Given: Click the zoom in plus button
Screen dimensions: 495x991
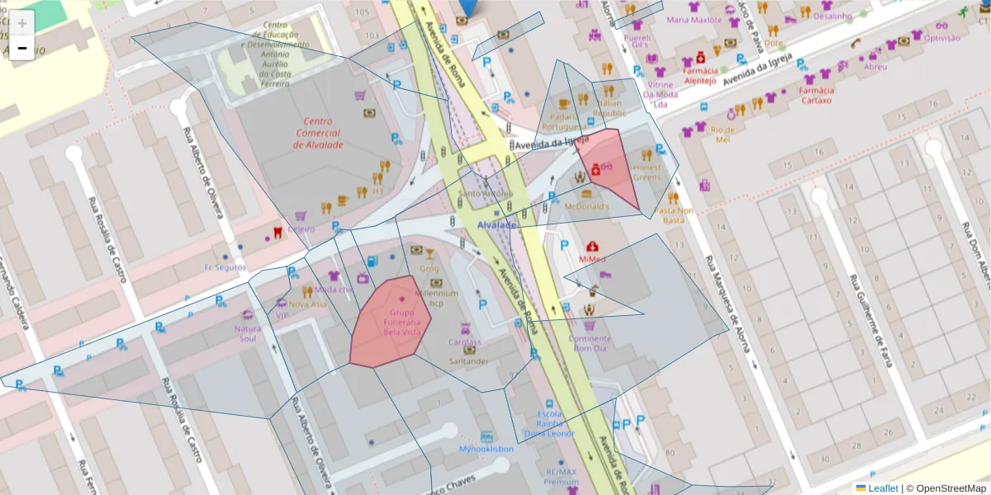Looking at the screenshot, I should coord(22,23).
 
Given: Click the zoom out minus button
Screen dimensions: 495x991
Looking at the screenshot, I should coord(22,49).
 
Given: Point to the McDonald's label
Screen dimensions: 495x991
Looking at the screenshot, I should coord(586,206).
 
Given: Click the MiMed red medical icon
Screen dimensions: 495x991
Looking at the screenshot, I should coord(592,247).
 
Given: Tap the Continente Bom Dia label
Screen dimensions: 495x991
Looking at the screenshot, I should coord(590,343).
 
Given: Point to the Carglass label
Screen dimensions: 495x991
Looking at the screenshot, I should coord(464,342).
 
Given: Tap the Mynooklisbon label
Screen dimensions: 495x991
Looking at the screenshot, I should coord(486,449).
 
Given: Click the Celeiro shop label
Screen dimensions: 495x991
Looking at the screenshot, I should coord(301,229).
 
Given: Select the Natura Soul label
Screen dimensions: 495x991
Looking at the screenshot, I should coord(247,333).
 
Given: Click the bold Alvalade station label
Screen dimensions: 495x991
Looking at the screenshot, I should coord(495,225).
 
